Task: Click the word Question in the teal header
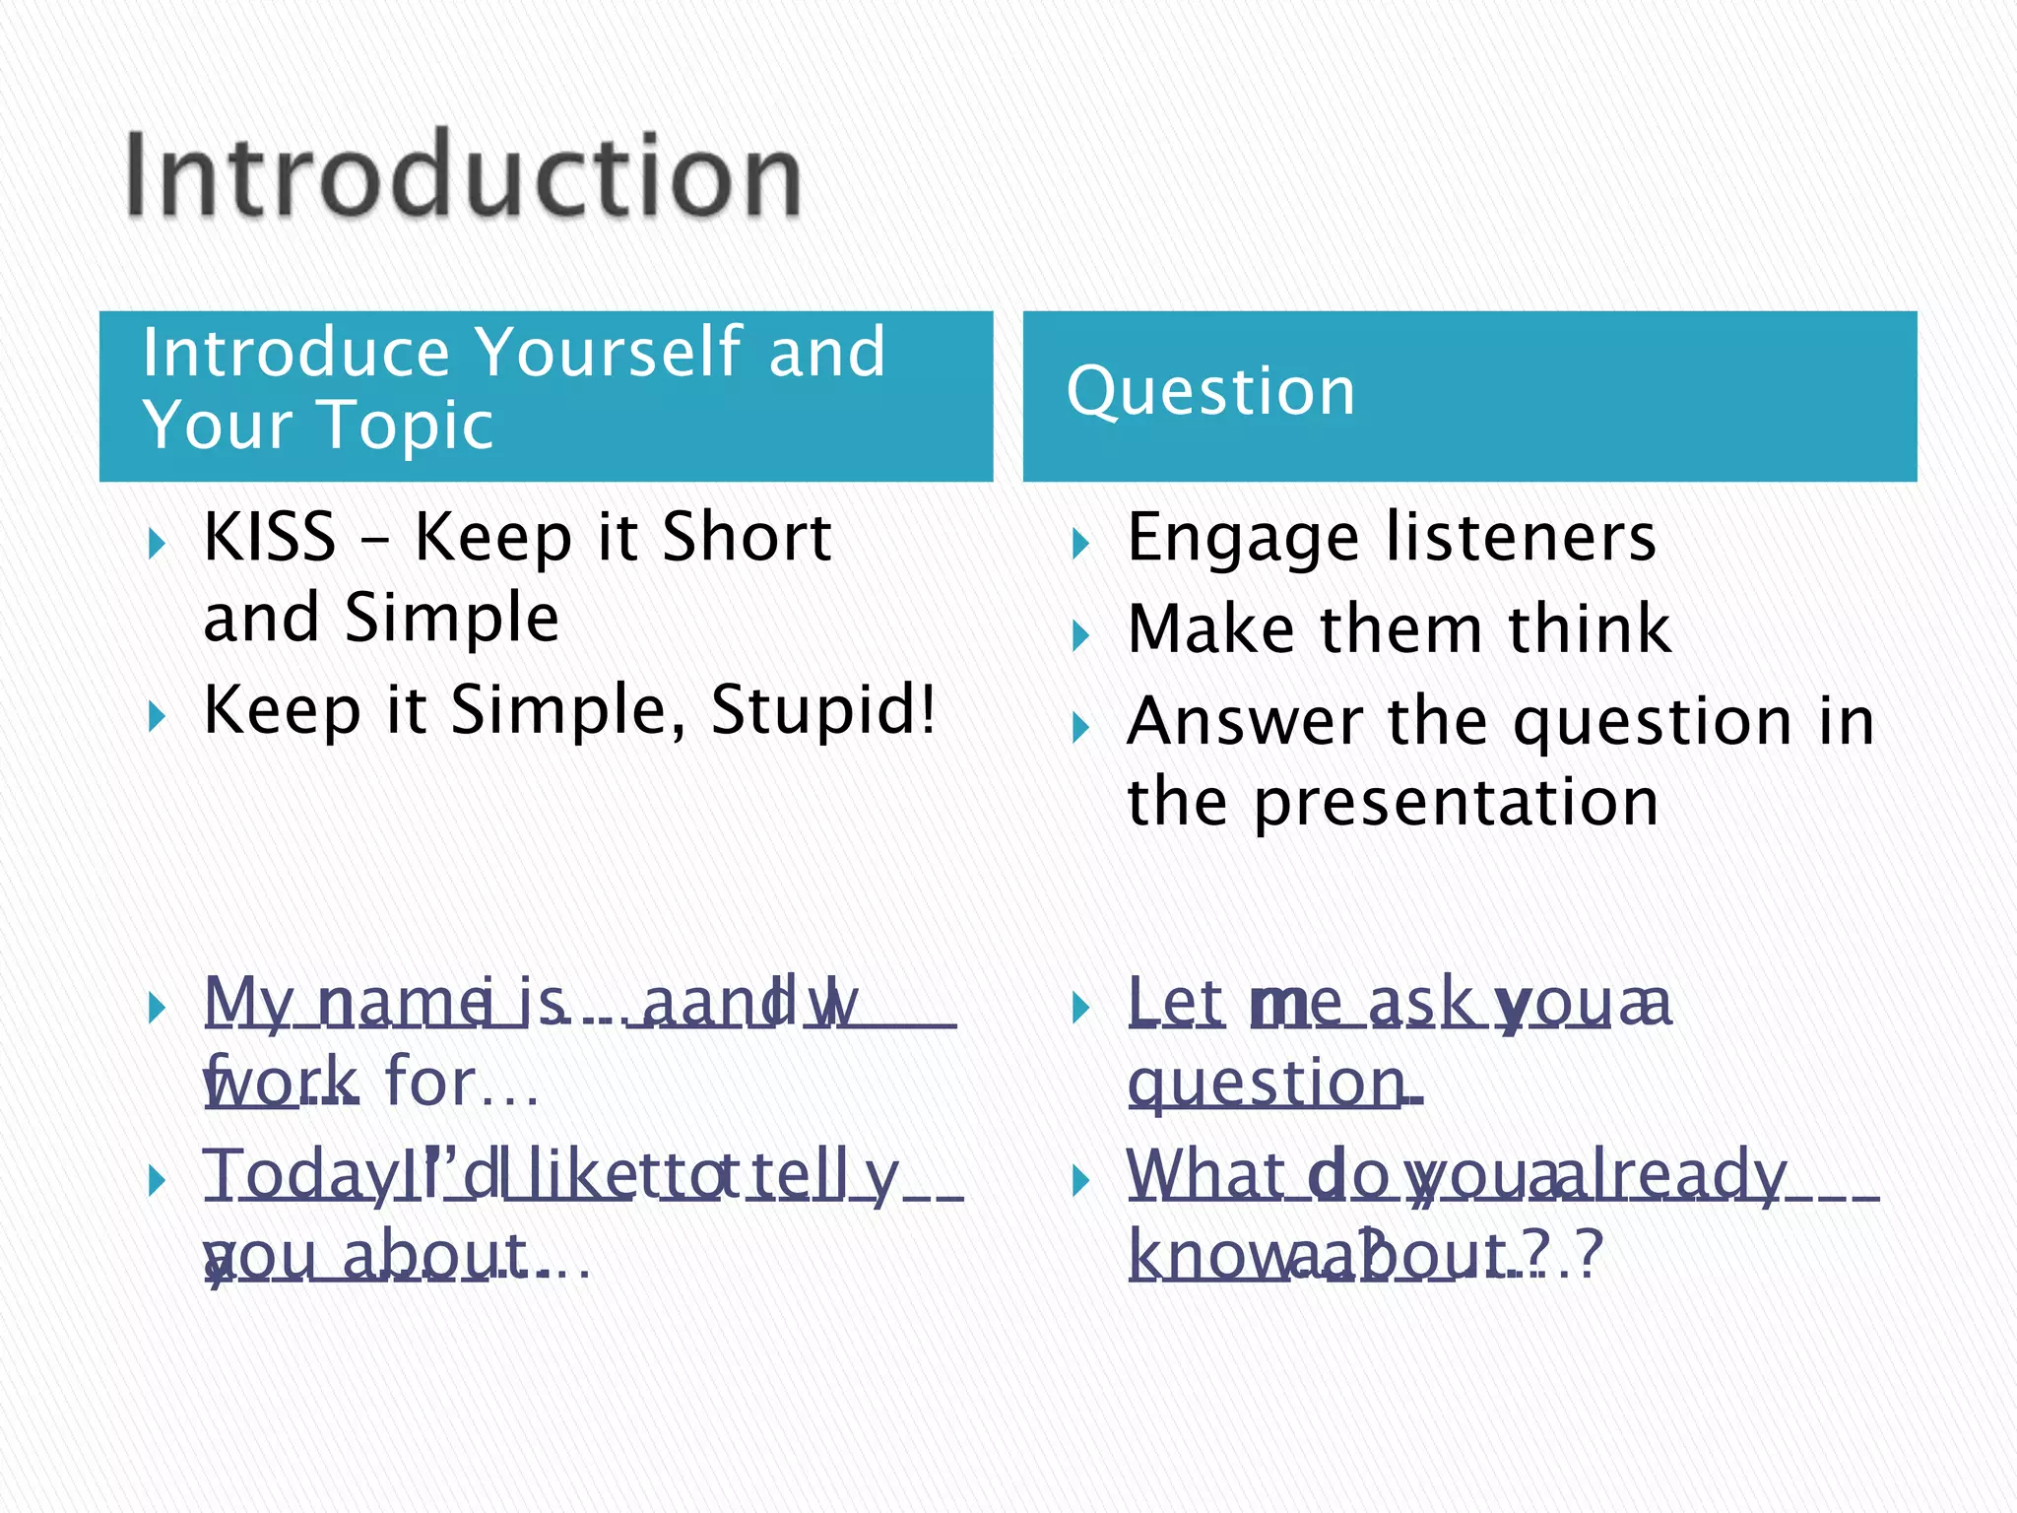(x=1210, y=392)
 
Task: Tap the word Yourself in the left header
(x=609, y=352)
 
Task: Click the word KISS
(x=269, y=538)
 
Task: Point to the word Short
(x=747, y=538)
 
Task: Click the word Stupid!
(x=822, y=709)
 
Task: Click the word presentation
(x=1456, y=804)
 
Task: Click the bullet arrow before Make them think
(x=1081, y=636)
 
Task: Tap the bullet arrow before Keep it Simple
(x=157, y=716)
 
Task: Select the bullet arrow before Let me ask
(x=1081, y=1008)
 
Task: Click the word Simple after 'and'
(x=452, y=619)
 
